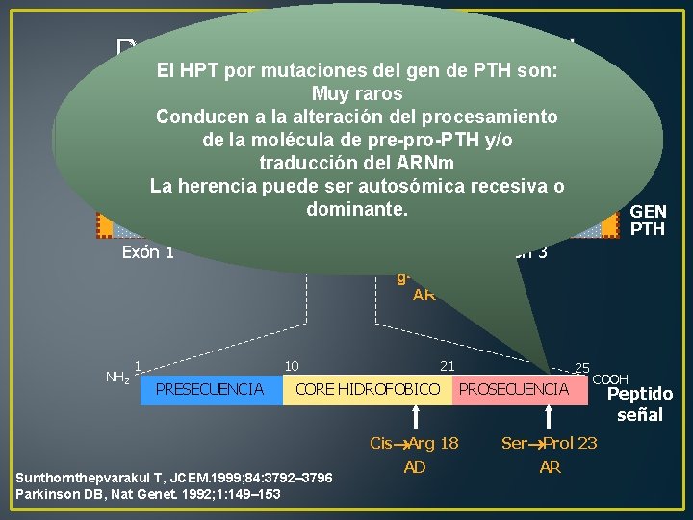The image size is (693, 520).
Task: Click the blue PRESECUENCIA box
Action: click(211, 389)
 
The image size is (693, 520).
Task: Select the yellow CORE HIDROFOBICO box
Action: click(368, 389)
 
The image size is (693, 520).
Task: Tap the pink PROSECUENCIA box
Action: click(514, 389)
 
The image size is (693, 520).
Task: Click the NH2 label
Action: click(115, 377)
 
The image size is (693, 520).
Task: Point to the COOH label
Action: click(610, 379)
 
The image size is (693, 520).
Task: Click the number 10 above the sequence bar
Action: click(292, 365)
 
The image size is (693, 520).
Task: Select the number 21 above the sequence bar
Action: click(447, 365)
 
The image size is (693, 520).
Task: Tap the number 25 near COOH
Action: click(581, 368)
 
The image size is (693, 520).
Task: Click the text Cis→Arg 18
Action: click(414, 444)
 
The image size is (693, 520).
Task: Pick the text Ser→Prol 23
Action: click(550, 444)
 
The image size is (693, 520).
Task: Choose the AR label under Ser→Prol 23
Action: click(551, 467)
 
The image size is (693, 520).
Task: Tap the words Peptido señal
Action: click(640, 404)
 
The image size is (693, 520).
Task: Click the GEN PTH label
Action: click(649, 221)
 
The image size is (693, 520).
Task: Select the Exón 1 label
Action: click(148, 253)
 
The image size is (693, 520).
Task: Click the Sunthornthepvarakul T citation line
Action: click(174, 478)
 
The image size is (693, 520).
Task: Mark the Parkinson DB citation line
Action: click(148, 493)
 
